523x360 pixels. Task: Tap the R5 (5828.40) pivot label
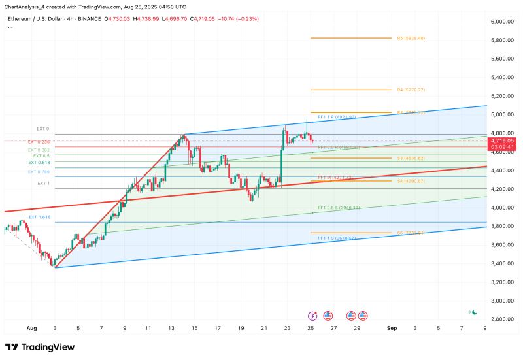411,38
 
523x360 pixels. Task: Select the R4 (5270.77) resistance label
411,90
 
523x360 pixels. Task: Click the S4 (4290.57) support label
411,180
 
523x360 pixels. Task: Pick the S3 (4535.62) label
411,158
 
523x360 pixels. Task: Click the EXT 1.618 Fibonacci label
39,216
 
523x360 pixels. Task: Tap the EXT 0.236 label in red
39,142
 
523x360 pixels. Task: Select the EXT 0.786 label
39,171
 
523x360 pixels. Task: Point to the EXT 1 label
43,184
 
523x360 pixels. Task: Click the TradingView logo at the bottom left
40,347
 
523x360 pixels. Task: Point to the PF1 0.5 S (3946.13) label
339,208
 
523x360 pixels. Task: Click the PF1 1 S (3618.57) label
336,238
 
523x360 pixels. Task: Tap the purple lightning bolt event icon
311,315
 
